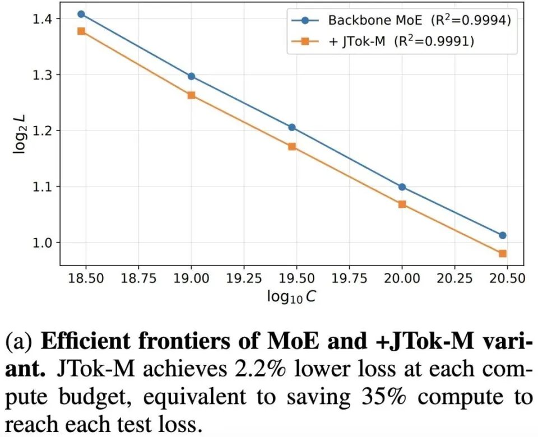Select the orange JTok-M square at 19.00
tap(191, 95)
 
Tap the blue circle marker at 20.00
tap(402, 187)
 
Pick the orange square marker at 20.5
tap(503, 253)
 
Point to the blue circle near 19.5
tap(291, 127)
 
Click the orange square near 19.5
tap(291, 147)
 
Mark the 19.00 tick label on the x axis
tap(191, 278)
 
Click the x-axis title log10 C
tap(291, 297)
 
